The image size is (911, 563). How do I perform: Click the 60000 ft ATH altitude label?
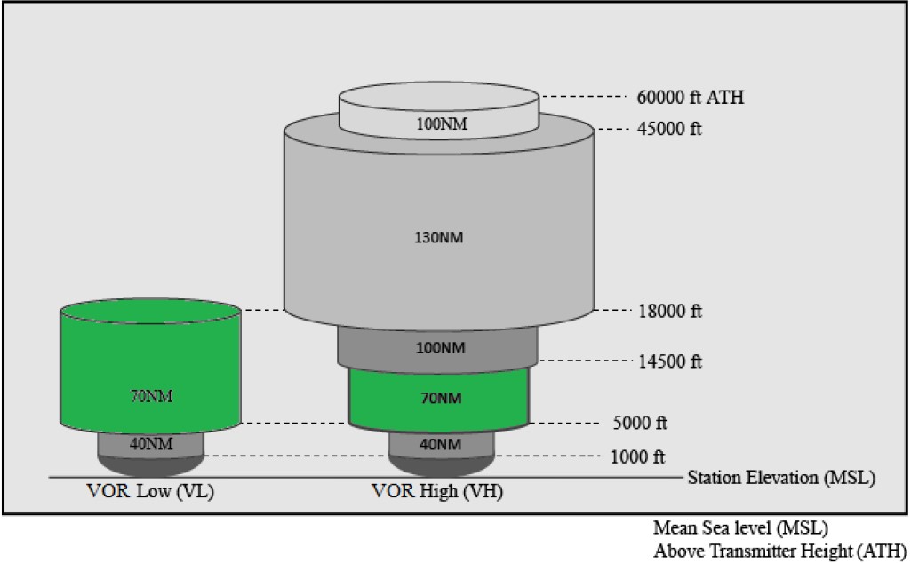691,98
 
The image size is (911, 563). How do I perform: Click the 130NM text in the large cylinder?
440,237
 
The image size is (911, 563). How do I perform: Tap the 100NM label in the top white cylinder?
440,123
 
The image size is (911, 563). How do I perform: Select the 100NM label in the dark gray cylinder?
440,347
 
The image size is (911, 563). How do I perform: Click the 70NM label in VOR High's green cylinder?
440,398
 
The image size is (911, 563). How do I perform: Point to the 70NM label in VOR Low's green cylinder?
150,395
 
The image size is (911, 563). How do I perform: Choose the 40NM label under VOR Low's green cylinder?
150,443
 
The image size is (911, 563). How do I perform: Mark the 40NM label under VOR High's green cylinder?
440,443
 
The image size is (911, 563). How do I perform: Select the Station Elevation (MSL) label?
781,478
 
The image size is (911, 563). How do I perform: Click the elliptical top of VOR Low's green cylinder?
150,311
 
